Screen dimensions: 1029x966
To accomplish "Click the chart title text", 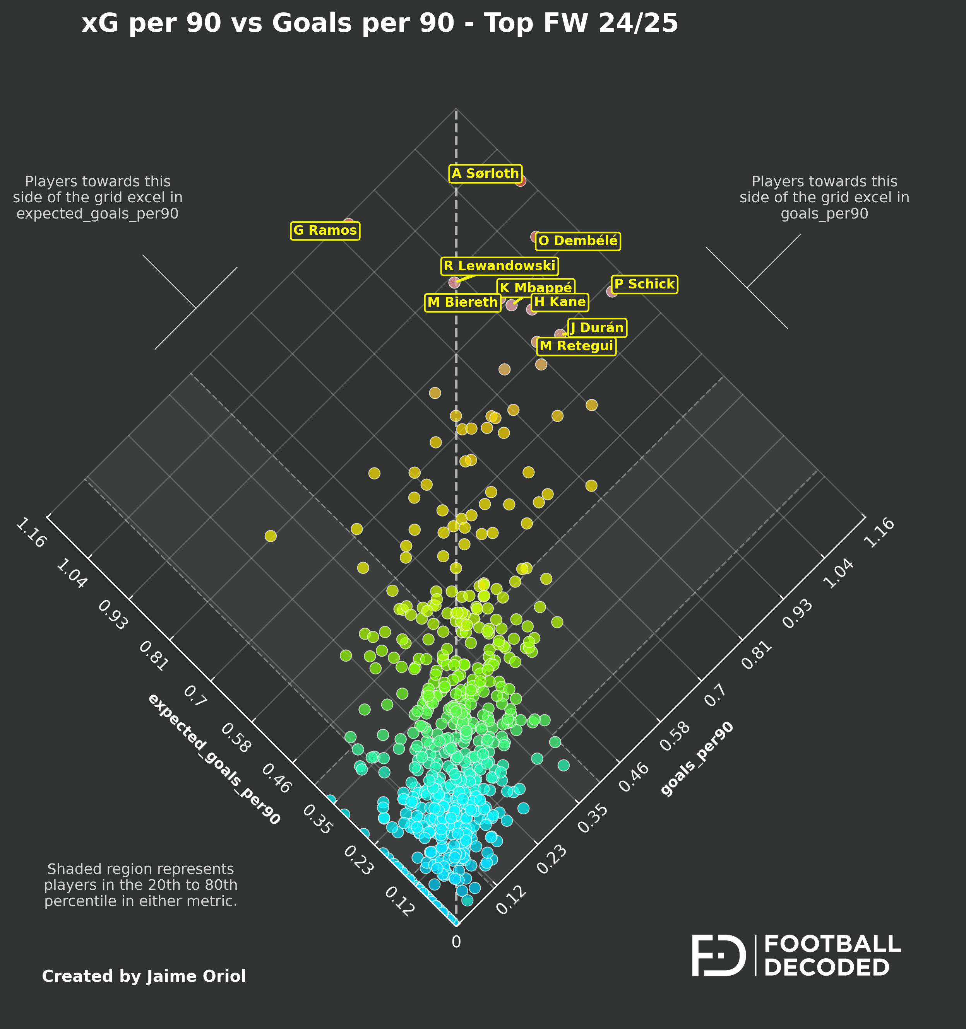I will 380,23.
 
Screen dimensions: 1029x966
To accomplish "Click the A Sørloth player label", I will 485,173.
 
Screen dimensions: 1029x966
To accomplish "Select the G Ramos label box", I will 325,230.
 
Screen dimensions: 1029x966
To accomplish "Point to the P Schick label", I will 644,284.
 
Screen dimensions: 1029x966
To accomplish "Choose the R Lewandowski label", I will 499,266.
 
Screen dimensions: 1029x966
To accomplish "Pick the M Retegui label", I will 577,346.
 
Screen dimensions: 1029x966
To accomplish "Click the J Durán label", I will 597,328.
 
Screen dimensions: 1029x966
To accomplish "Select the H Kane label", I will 560,302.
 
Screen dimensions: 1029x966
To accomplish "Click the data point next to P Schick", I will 612,292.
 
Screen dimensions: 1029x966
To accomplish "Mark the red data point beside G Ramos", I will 349,223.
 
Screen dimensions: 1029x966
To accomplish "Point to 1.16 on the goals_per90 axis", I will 879,532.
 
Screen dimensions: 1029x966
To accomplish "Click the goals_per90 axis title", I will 697,759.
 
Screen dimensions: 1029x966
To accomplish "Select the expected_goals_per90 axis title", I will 214,759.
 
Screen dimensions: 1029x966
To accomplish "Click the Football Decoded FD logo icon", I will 718,956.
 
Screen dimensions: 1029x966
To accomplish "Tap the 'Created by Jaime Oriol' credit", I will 144,976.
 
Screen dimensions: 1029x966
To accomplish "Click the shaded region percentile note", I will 141,885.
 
